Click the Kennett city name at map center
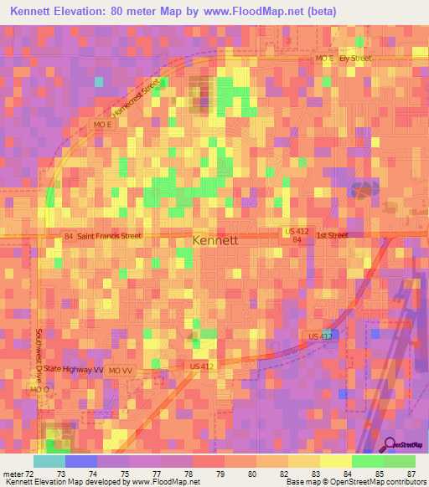pyautogui.click(x=215, y=240)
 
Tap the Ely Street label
pyautogui.click(x=355, y=59)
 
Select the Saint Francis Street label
pyautogui.click(x=109, y=237)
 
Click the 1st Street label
pyautogui.click(x=332, y=236)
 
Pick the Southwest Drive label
pyautogui.click(x=39, y=351)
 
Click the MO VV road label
pyautogui.click(x=121, y=370)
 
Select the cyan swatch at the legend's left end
pyautogui.click(x=49, y=461)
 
